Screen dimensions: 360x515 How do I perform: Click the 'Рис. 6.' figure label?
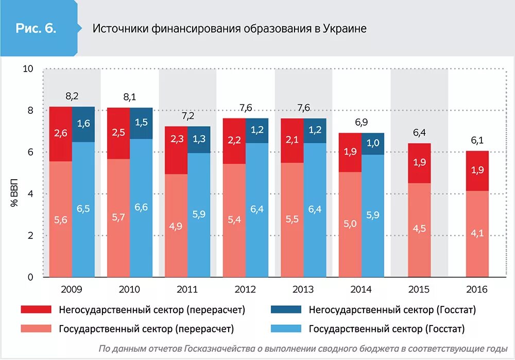36,28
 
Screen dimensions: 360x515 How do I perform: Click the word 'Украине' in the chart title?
345,28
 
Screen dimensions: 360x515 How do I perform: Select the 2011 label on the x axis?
187,289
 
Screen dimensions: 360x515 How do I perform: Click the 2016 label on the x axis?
477,289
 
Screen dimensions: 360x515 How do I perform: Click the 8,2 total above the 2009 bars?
72,96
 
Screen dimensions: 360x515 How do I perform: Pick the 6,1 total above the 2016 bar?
477,141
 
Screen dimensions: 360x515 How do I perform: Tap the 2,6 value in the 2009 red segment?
61,132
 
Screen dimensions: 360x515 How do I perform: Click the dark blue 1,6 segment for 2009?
83,124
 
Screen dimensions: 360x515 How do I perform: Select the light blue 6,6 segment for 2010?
141,207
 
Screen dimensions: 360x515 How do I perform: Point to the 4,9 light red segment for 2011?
176,226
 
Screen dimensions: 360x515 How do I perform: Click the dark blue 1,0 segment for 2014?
373,144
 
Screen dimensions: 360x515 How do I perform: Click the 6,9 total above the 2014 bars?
362,123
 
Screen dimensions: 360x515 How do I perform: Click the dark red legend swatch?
36,310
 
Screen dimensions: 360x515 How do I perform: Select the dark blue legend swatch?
286,310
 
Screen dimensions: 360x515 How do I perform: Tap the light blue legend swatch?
286,329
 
